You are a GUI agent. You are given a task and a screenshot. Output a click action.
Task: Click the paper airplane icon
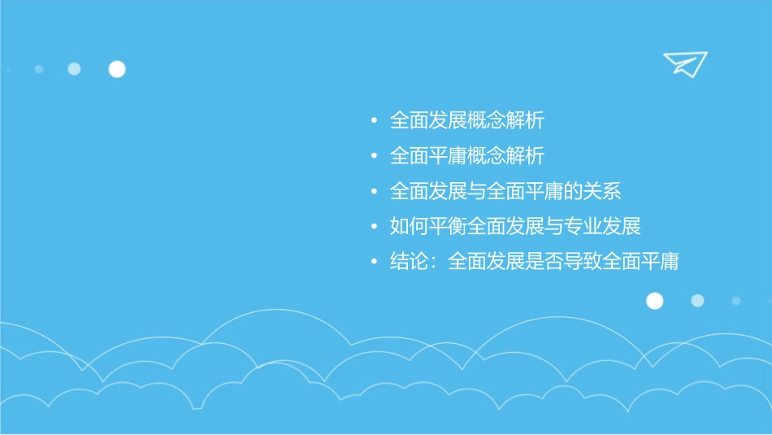pyautogui.click(x=684, y=63)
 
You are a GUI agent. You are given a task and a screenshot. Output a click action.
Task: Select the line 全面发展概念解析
pyautogui.click(x=466, y=121)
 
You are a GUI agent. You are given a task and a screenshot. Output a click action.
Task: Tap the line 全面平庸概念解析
pyautogui.click(x=466, y=155)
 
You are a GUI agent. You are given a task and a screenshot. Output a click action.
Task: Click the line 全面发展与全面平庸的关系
pyautogui.click(x=505, y=192)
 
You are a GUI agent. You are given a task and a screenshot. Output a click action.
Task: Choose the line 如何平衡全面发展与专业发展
pyautogui.click(x=515, y=226)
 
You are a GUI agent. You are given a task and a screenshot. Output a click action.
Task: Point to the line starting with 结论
pyautogui.click(x=534, y=262)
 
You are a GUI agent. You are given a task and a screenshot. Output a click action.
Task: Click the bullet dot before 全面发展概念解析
pyautogui.click(x=374, y=122)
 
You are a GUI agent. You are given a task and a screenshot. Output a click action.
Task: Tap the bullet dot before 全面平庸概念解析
pyautogui.click(x=374, y=156)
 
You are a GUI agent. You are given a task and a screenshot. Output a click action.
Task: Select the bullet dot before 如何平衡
pyautogui.click(x=374, y=227)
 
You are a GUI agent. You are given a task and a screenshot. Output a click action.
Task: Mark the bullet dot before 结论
pyautogui.click(x=374, y=263)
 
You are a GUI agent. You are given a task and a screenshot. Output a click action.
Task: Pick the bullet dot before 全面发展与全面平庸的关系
pyautogui.click(x=374, y=193)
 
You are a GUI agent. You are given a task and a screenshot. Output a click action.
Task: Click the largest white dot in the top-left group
pyautogui.click(x=117, y=69)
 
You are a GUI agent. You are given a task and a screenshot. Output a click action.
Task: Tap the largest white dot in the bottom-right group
pyautogui.click(x=654, y=301)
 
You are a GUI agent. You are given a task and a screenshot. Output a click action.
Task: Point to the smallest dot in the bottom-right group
pyautogui.click(x=736, y=301)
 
